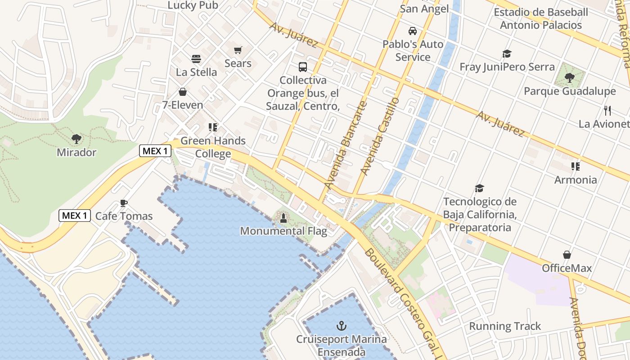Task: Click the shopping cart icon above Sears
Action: (x=238, y=50)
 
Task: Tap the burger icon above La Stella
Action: (x=196, y=59)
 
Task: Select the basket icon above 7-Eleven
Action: (x=183, y=92)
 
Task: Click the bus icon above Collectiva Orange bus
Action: (x=303, y=67)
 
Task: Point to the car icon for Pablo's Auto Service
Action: (x=412, y=31)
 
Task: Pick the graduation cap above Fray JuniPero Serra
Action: (x=507, y=54)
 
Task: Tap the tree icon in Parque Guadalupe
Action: (x=569, y=78)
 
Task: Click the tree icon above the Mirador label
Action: (x=76, y=139)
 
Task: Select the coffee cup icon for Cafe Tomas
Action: (x=124, y=203)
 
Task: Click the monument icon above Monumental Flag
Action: (x=283, y=218)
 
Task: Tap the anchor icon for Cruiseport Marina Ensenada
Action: (x=342, y=325)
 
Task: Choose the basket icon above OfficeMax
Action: (x=567, y=255)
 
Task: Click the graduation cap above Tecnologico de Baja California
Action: (x=479, y=188)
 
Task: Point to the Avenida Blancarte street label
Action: (x=346, y=145)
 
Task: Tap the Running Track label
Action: (x=505, y=326)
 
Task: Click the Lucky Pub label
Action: (x=193, y=5)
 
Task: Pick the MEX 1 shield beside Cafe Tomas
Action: (x=75, y=216)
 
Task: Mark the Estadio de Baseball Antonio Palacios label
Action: (x=541, y=18)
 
